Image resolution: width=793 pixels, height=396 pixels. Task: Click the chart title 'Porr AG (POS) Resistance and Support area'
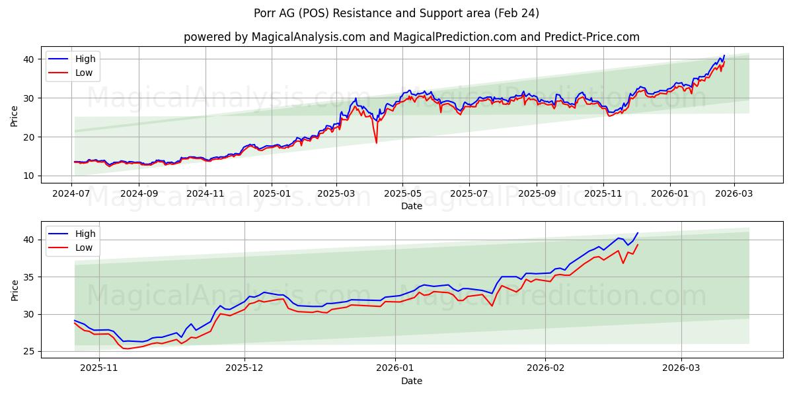[397, 13]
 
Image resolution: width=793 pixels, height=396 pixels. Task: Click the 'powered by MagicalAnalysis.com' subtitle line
[411, 37]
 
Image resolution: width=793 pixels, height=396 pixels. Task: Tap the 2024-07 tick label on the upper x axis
[71, 195]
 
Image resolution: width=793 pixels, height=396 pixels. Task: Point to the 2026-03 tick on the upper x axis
[733, 195]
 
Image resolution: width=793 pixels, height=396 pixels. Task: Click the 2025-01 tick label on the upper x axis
[272, 195]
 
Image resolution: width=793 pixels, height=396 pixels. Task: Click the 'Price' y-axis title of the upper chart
[15, 115]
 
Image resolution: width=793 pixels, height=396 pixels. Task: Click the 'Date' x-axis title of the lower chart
[411, 381]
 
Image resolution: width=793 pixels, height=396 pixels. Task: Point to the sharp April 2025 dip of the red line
[377, 143]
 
